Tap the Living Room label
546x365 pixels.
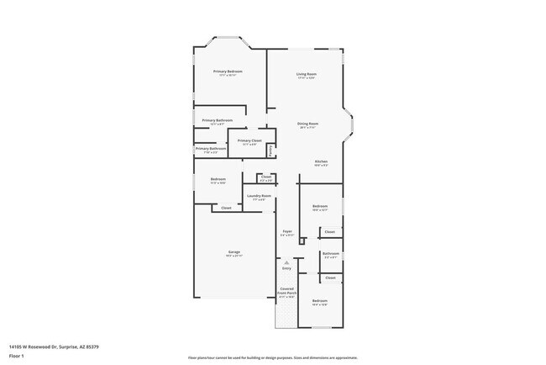[x=306, y=75]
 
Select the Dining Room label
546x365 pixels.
[x=307, y=124]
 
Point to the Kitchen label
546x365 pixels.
[x=321, y=161]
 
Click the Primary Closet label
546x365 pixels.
[x=249, y=140]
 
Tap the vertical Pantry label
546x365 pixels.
[x=270, y=151]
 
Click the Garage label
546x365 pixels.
[x=234, y=252]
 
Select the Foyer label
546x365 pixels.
[x=287, y=232]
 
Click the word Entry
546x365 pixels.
[x=286, y=268]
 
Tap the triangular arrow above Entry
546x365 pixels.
[x=286, y=262]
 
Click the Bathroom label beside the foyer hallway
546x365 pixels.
[x=330, y=253]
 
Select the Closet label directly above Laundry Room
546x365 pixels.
[x=265, y=177]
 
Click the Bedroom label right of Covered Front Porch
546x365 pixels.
[x=320, y=301]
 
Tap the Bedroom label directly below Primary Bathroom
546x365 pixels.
[x=218, y=179]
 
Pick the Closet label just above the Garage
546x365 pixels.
[x=226, y=207]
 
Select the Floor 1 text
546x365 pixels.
[x=17, y=356]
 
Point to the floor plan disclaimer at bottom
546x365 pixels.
[x=272, y=357]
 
